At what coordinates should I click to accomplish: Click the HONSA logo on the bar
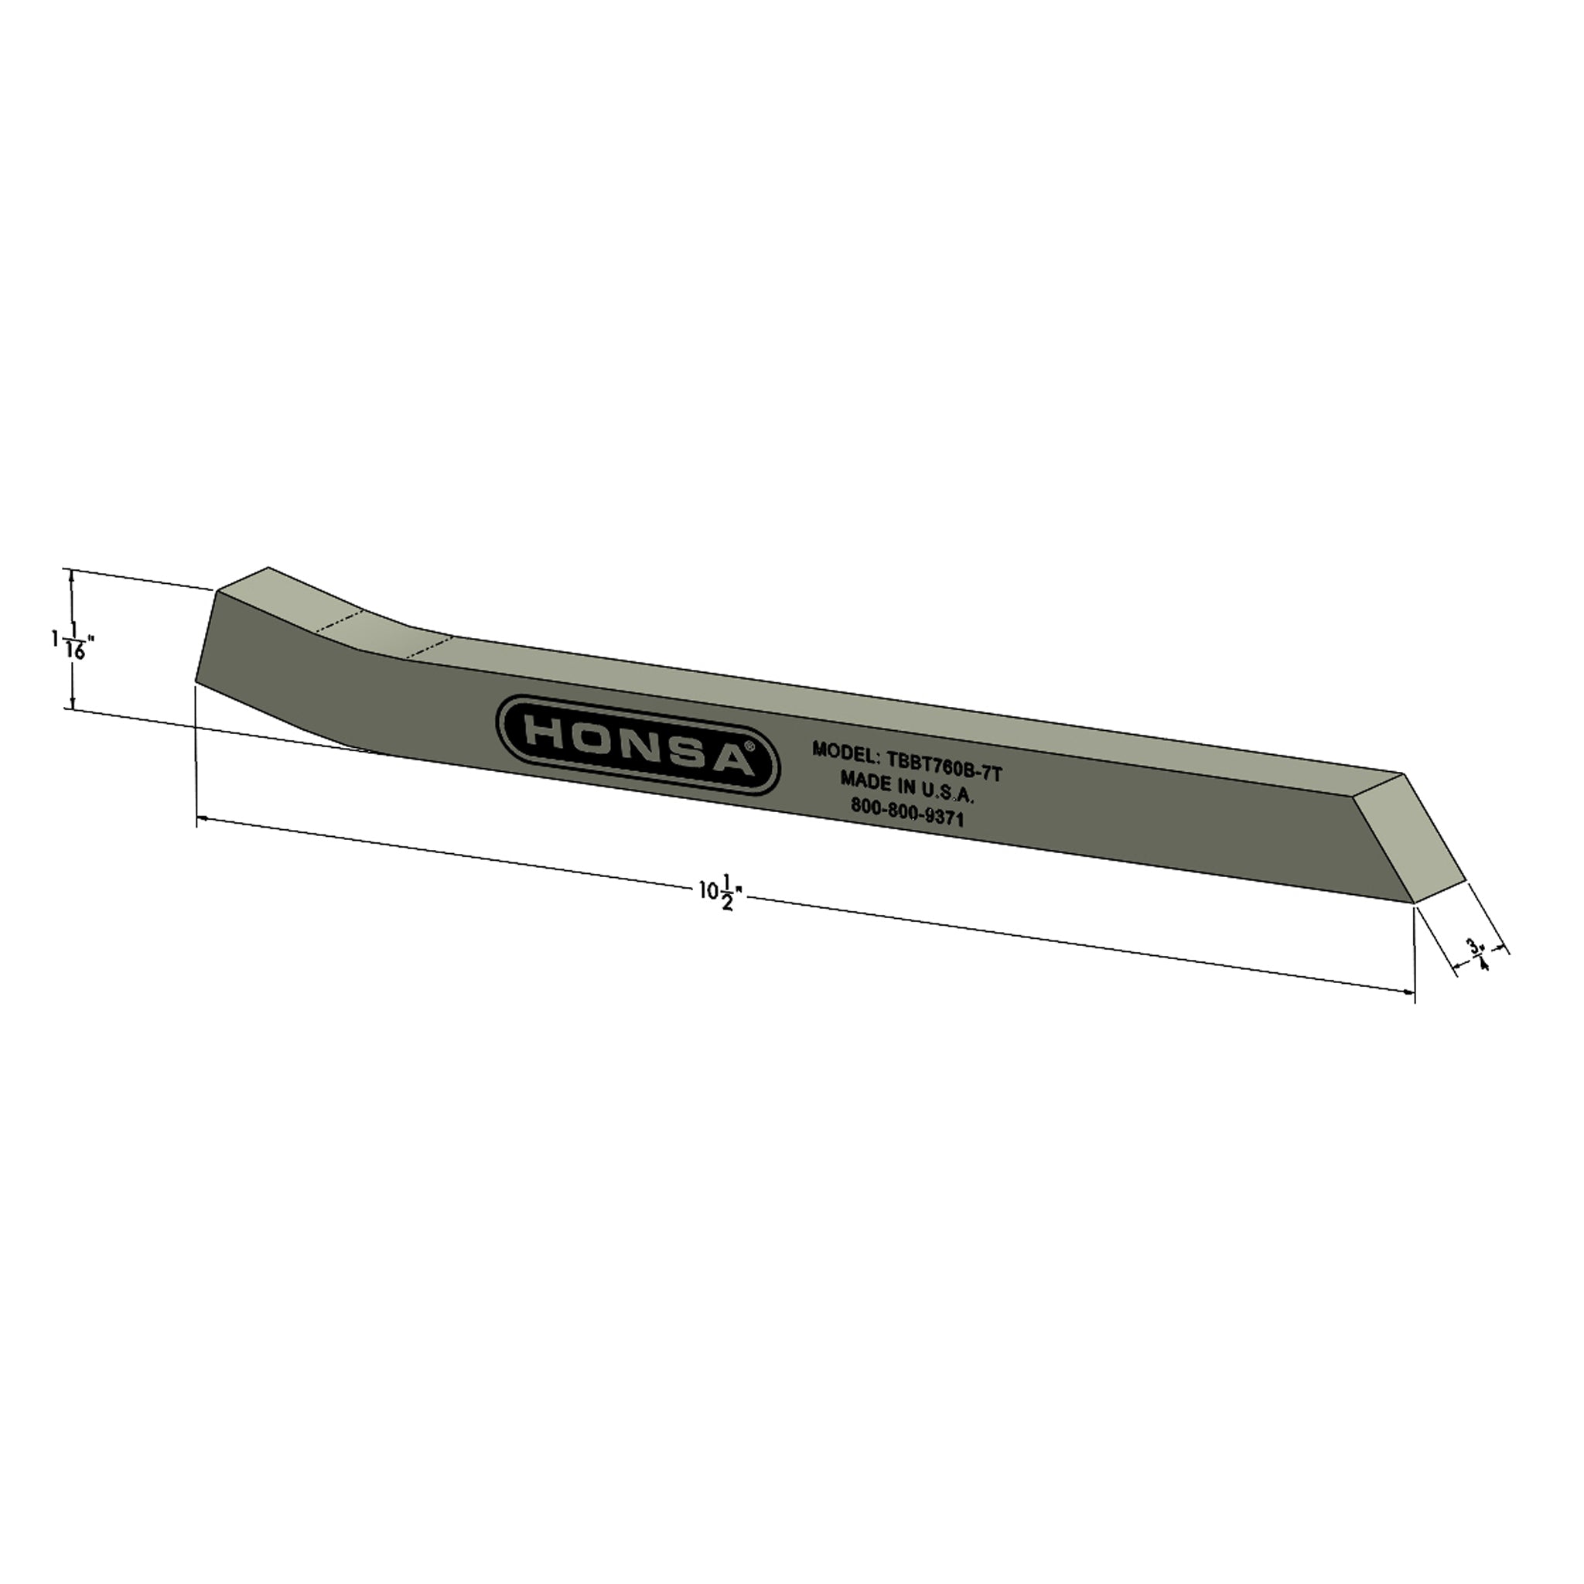click(638, 745)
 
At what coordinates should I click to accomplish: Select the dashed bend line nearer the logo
click(429, 646)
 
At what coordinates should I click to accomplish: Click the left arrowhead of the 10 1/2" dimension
click(202, 818)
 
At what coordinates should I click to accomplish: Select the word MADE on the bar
click(859, 780)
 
